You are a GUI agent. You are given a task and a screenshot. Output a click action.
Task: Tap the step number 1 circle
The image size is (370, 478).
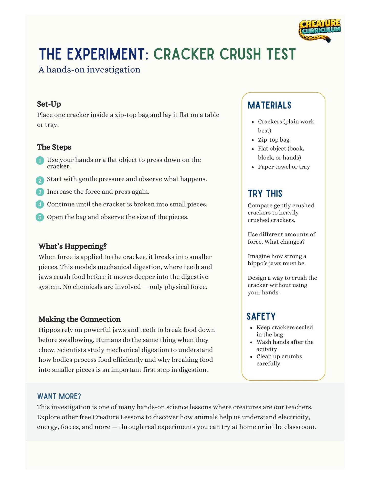point(40,161)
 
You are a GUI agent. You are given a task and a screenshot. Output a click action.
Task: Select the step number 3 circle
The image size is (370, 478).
point(40,192)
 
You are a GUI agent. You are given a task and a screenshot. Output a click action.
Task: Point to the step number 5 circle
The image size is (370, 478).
point(40,217)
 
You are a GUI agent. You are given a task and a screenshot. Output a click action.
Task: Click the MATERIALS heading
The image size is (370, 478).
point(269,105)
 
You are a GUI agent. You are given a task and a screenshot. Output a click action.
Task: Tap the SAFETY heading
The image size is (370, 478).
point(261,316)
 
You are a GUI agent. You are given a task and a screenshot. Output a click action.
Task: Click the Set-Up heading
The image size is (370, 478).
point(49,104)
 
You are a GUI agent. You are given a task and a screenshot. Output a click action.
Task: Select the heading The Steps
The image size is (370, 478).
point(54,147)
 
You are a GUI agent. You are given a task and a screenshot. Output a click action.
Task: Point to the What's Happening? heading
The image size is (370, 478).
point(72,246)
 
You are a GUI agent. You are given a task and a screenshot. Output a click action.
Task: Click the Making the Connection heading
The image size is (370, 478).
point(79,319)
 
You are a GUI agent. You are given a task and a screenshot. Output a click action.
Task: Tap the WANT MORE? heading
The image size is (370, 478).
point(59,396)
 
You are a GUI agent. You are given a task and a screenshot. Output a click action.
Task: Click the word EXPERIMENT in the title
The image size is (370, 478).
point(108,54)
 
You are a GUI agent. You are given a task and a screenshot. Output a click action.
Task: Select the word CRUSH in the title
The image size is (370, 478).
point(240,54)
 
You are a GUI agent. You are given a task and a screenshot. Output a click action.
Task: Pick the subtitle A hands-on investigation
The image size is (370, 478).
point(89,70)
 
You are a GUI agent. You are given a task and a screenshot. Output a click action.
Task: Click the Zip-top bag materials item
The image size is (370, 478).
point(273,140)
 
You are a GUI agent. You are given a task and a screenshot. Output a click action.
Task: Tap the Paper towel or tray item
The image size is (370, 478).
point(284,167)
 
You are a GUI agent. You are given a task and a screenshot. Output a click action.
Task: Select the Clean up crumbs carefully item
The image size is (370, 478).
point(279,360)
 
